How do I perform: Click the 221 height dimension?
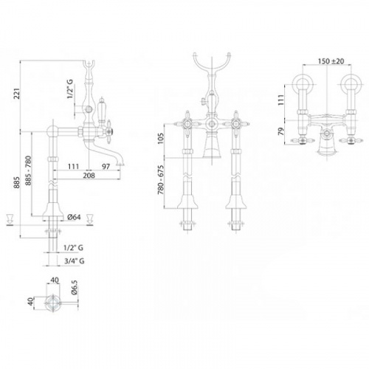click(17, 94)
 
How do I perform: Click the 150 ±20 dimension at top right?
click(331, 61)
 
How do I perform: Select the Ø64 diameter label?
click(74, 217)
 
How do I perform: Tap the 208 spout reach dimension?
click(89, 176)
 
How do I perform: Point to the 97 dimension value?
click(106, 167)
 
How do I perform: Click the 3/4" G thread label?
click(75, 261)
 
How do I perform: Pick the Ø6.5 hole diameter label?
click(75, 287)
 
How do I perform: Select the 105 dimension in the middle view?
click(160, 139)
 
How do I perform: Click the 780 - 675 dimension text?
click(160, 179)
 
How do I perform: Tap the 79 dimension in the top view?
click(280, 131)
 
